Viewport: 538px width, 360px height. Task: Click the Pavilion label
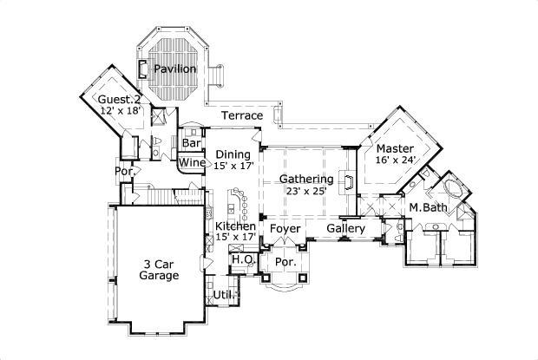pos(174,69)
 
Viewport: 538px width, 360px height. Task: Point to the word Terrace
pos(241,115)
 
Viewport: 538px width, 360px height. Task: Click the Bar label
pos(191,143)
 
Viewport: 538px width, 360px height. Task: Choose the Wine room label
pos(192,162)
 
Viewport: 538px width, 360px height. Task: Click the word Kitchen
pos(235,226)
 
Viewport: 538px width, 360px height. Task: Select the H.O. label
pos(242,259)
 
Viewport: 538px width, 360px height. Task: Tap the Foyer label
pos(285,229)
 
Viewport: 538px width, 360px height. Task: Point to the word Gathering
pos(306,179)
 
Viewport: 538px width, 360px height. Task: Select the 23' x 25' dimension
pos(306,192)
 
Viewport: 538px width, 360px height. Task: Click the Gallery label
pos(344,228)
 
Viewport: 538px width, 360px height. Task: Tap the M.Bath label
pos(427,207)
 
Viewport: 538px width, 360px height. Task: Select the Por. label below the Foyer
pos(285,261)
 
